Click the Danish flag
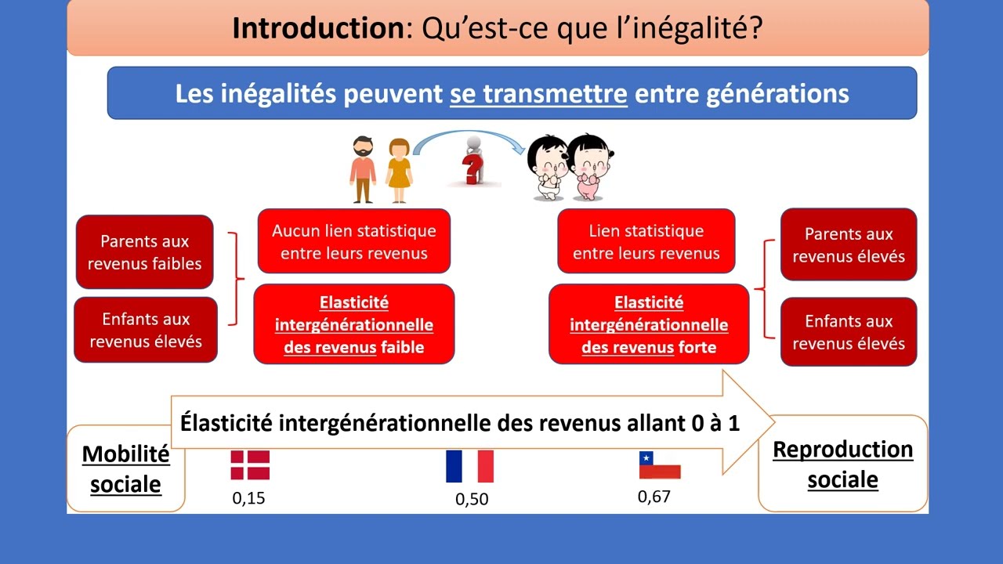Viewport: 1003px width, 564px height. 250,465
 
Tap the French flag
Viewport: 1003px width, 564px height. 469,466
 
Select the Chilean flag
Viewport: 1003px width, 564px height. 660,465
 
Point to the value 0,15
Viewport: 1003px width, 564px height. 249,497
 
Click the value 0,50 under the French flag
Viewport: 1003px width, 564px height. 472,499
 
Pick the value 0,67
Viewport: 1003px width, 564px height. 654,496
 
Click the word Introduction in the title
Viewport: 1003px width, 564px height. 317,28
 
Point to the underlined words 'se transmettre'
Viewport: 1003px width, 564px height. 538,94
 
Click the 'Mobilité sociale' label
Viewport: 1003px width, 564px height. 125,468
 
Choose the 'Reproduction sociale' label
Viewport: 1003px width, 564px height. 842,464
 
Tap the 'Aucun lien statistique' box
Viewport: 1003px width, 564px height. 354,241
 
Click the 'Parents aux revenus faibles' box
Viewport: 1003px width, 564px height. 144,252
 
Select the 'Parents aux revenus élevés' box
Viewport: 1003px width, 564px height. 849,244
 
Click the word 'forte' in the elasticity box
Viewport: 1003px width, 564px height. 697,347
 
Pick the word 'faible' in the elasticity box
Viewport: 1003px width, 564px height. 402,347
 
